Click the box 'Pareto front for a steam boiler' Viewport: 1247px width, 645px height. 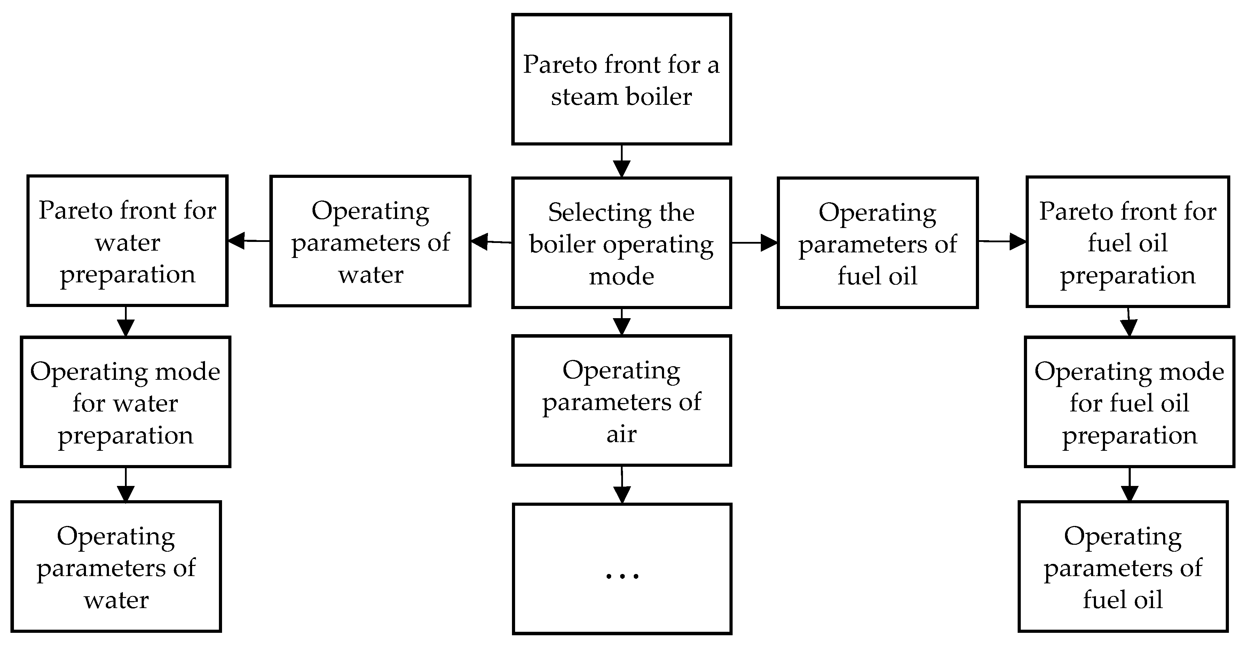pyautogui.click(x=622, y=79)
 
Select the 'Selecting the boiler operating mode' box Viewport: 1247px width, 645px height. pyautogui.click(x=622, y=243)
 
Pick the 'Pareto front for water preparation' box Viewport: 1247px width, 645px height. pyautogui.click(x=127, y=241)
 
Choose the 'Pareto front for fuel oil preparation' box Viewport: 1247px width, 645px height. pyautogui.click(x=1127, y=242)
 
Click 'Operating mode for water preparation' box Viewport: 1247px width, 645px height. pyautogui.click(x=125, y=402)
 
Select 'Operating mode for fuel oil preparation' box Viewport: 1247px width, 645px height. pyautogui.click(x=1129, y=402)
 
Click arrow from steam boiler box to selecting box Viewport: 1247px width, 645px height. pyautogui.click(x=622, y=161)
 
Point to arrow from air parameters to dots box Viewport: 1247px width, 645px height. pyautogui.click(x=622, y=485)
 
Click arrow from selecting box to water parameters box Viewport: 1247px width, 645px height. pyautogui.click(x=491, y=241)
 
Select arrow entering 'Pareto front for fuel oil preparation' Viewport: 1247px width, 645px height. pyautogui.click(x=1002, y=241)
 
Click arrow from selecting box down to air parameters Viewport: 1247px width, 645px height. pyautogui.click(x=622, y=322)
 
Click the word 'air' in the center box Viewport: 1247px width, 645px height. pyautogui.click(x=622, y=434)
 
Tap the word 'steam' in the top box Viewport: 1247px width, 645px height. pyautogui.click(x=583, y=97)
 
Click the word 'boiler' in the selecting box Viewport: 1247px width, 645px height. pyautogui.click(x=562, y=244)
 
